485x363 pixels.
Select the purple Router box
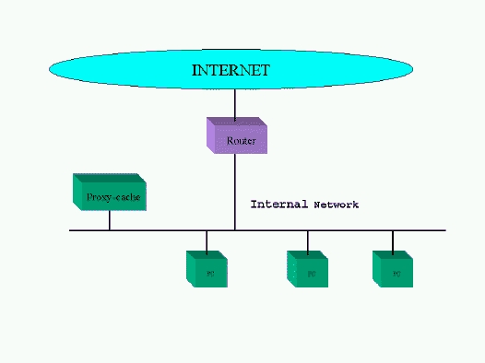click(236, 136)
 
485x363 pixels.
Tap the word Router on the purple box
click(241, 141)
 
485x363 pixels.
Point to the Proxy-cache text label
click(113, 197)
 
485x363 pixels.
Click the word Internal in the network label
click(279, 204)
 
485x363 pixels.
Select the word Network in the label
click(336, 205)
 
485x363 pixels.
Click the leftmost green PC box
click(207, 268)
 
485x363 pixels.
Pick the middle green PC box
click(308, 268)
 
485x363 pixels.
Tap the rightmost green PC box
click(393, 268)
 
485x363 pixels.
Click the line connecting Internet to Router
click(234, 104)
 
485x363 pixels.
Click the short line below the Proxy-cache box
click(109, 220)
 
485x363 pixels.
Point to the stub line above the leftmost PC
click(207, 240)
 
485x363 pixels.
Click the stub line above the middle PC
click(308, 240)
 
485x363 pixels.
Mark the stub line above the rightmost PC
click(393, 240)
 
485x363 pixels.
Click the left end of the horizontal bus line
click(72, 230)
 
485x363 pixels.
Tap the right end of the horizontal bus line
click(444, 230)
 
